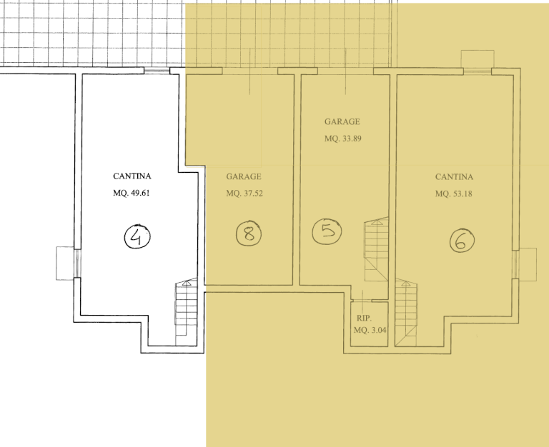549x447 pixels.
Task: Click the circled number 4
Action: (x=137, y=236)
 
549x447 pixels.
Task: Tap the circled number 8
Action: (x=249, y=233)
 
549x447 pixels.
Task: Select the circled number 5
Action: (x=327, y=231)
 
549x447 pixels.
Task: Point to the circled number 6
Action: (x=463, y=241)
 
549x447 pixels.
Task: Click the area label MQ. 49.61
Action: (x=132, y=193)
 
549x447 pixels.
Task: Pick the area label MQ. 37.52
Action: (x=244, y=194)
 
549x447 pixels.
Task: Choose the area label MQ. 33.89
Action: (x=343, y=139)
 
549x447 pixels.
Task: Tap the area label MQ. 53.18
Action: (x=454, y=194)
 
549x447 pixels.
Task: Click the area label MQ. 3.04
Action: (x=370, y=330)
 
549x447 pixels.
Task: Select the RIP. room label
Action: (x=364, y=318)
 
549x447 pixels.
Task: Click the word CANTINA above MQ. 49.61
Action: (x=132, y=176)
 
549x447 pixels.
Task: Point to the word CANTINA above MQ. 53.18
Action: (x=454, y=176)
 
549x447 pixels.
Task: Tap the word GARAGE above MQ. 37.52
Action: (x=244, y=176)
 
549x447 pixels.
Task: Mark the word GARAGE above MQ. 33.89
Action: (x=342, y=121)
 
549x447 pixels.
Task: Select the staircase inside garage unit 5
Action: (x=377, y=249)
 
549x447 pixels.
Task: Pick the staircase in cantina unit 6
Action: (x=407, y=313)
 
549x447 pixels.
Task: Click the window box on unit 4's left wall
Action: (x=66, y=263)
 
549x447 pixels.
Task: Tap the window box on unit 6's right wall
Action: (x=528, y=264)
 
